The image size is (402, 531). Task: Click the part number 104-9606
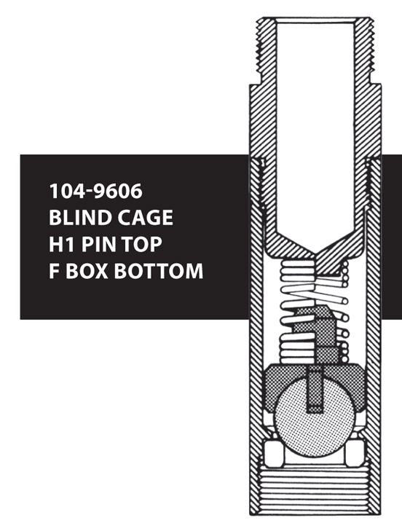coord(96,191)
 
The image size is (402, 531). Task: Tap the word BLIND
coord(81,217)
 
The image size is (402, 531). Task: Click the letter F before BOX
coord(54,271)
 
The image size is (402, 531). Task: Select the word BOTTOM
coord(159,271)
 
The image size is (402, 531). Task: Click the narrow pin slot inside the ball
coord(315,390)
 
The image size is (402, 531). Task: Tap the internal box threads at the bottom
coord(315,491)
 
